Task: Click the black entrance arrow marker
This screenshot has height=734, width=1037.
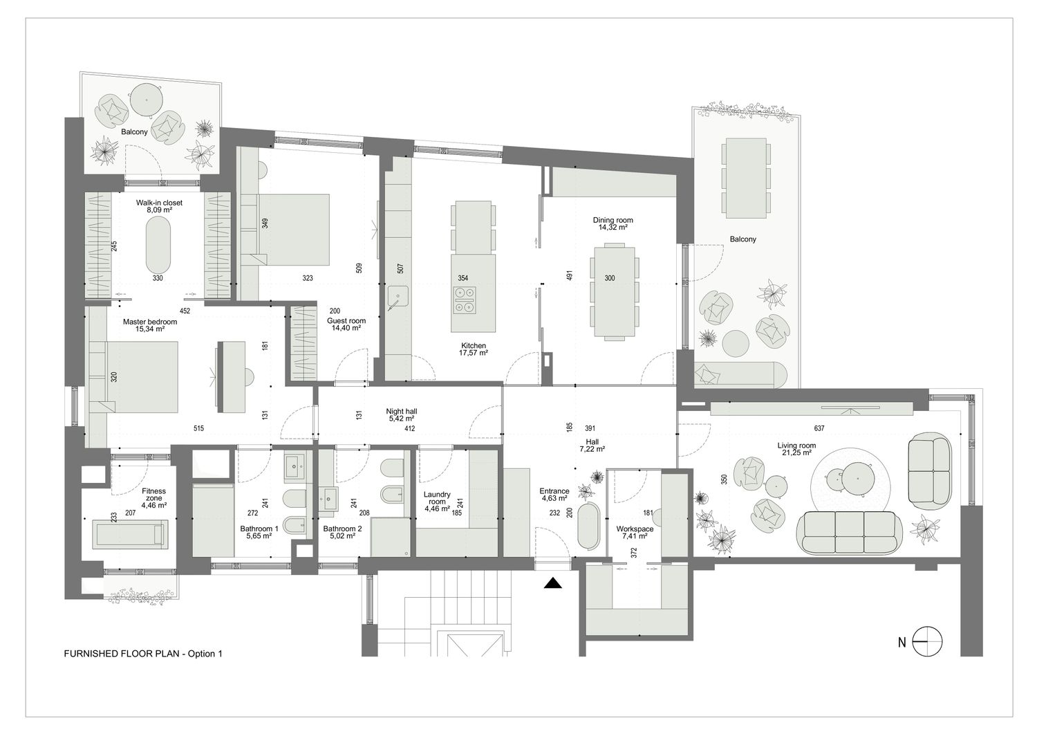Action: tap(553, 583)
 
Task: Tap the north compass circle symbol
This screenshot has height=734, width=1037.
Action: tap(927, 642)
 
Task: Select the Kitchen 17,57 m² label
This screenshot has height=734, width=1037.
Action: tap(474, 349)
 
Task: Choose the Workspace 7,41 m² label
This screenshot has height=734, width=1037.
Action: tap(635, 533)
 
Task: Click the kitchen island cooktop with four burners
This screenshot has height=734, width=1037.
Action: tap(465, 300)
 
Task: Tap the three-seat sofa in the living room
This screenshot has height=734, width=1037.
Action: tap(850, 533)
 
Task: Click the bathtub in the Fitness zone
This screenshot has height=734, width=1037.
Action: tap(130, 534)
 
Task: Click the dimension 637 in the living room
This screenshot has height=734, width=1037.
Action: tap(819, 429)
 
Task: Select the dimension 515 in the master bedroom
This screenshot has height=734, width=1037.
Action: tap(198, 429)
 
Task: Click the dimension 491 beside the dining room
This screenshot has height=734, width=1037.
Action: tap(570, 275)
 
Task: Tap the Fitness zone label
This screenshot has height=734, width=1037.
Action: tap(153, 498)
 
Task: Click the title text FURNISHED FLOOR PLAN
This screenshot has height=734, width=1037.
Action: tap(121, 654)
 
